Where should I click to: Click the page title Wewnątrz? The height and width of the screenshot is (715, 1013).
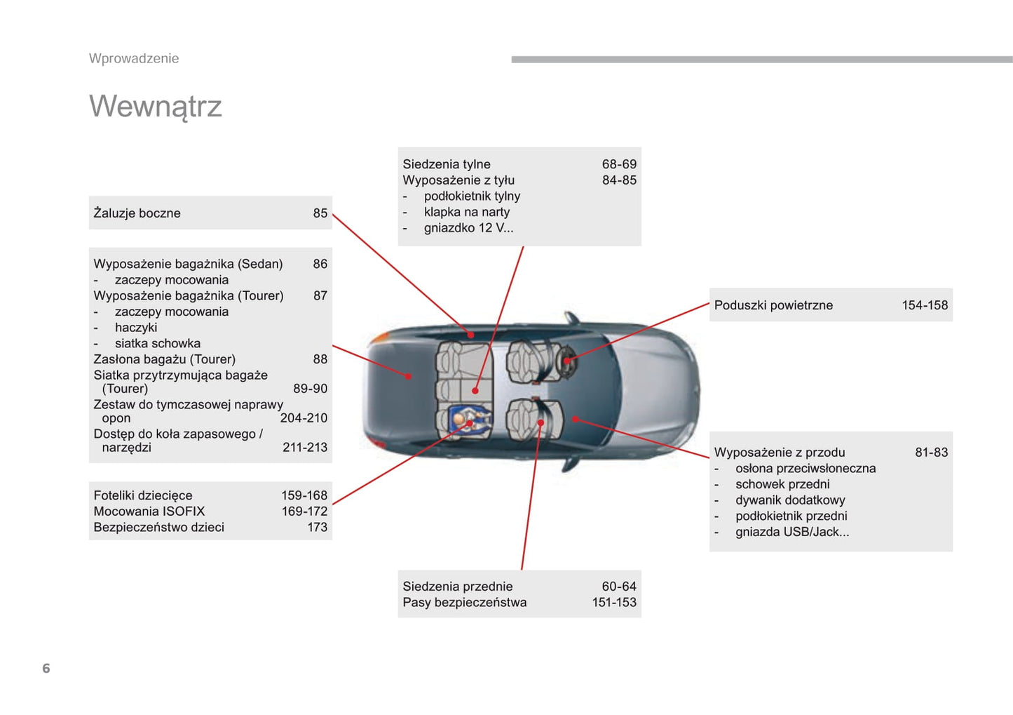[x=155, y=107]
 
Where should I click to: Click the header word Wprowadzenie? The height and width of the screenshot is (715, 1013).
[x=134, y=58]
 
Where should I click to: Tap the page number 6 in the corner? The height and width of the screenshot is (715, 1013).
[x=46, y=668]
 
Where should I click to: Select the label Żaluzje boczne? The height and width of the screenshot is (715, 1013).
[x=137, y=213]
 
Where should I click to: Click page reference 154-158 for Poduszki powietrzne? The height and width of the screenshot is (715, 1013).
[x=925, y=305]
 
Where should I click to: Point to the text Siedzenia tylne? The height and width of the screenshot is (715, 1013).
[x=447, y=163]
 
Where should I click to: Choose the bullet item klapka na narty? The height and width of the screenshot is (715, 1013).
[x=467, y=212]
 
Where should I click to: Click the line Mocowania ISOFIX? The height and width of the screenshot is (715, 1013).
[x=149, y=512]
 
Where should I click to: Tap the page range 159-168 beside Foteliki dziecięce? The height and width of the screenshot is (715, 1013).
[x=304, y=495]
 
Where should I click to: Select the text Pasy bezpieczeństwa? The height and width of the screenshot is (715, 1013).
[x=465, y=602]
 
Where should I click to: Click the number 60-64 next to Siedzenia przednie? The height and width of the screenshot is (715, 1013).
[x=618, y=587]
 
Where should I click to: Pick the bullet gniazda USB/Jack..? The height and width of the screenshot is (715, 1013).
[x=792, y=532]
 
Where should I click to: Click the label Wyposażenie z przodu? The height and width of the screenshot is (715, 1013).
[x=780, y=453]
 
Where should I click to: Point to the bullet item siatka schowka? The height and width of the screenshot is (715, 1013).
[x=157, y=344]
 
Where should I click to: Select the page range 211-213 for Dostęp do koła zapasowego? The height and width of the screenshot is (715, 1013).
[x=305, y=448]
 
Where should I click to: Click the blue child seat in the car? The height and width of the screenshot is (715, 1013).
[x=470, y=421]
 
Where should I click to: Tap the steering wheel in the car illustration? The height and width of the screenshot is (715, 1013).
[x=567, y=360]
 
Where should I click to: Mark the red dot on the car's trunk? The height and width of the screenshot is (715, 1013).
[x=409, y=376]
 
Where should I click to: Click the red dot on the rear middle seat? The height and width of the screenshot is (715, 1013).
[x=475, y=391]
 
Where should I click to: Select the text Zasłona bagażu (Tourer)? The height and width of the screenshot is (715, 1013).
[x=165, y=359]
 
